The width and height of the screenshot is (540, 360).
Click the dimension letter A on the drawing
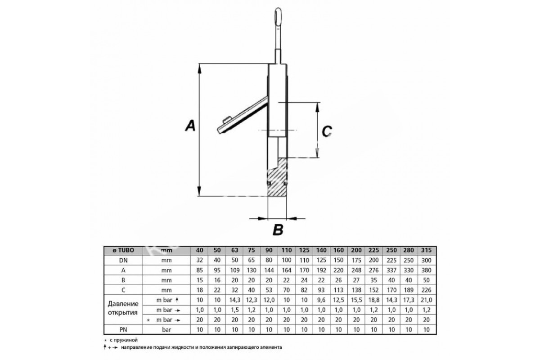coord(190,126)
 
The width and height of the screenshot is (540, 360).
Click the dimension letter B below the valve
coord(278,230)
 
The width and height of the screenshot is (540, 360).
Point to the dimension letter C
coord(327,132)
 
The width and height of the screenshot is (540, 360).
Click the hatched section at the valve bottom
coord(277,180)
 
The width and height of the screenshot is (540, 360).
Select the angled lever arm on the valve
coord(242,116)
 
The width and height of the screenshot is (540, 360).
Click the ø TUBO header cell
coord(123,250)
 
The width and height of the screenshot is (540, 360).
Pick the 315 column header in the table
coord(426,250)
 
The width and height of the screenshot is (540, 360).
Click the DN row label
coord(123,261)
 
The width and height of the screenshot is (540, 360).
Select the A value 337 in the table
coord(391,270)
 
